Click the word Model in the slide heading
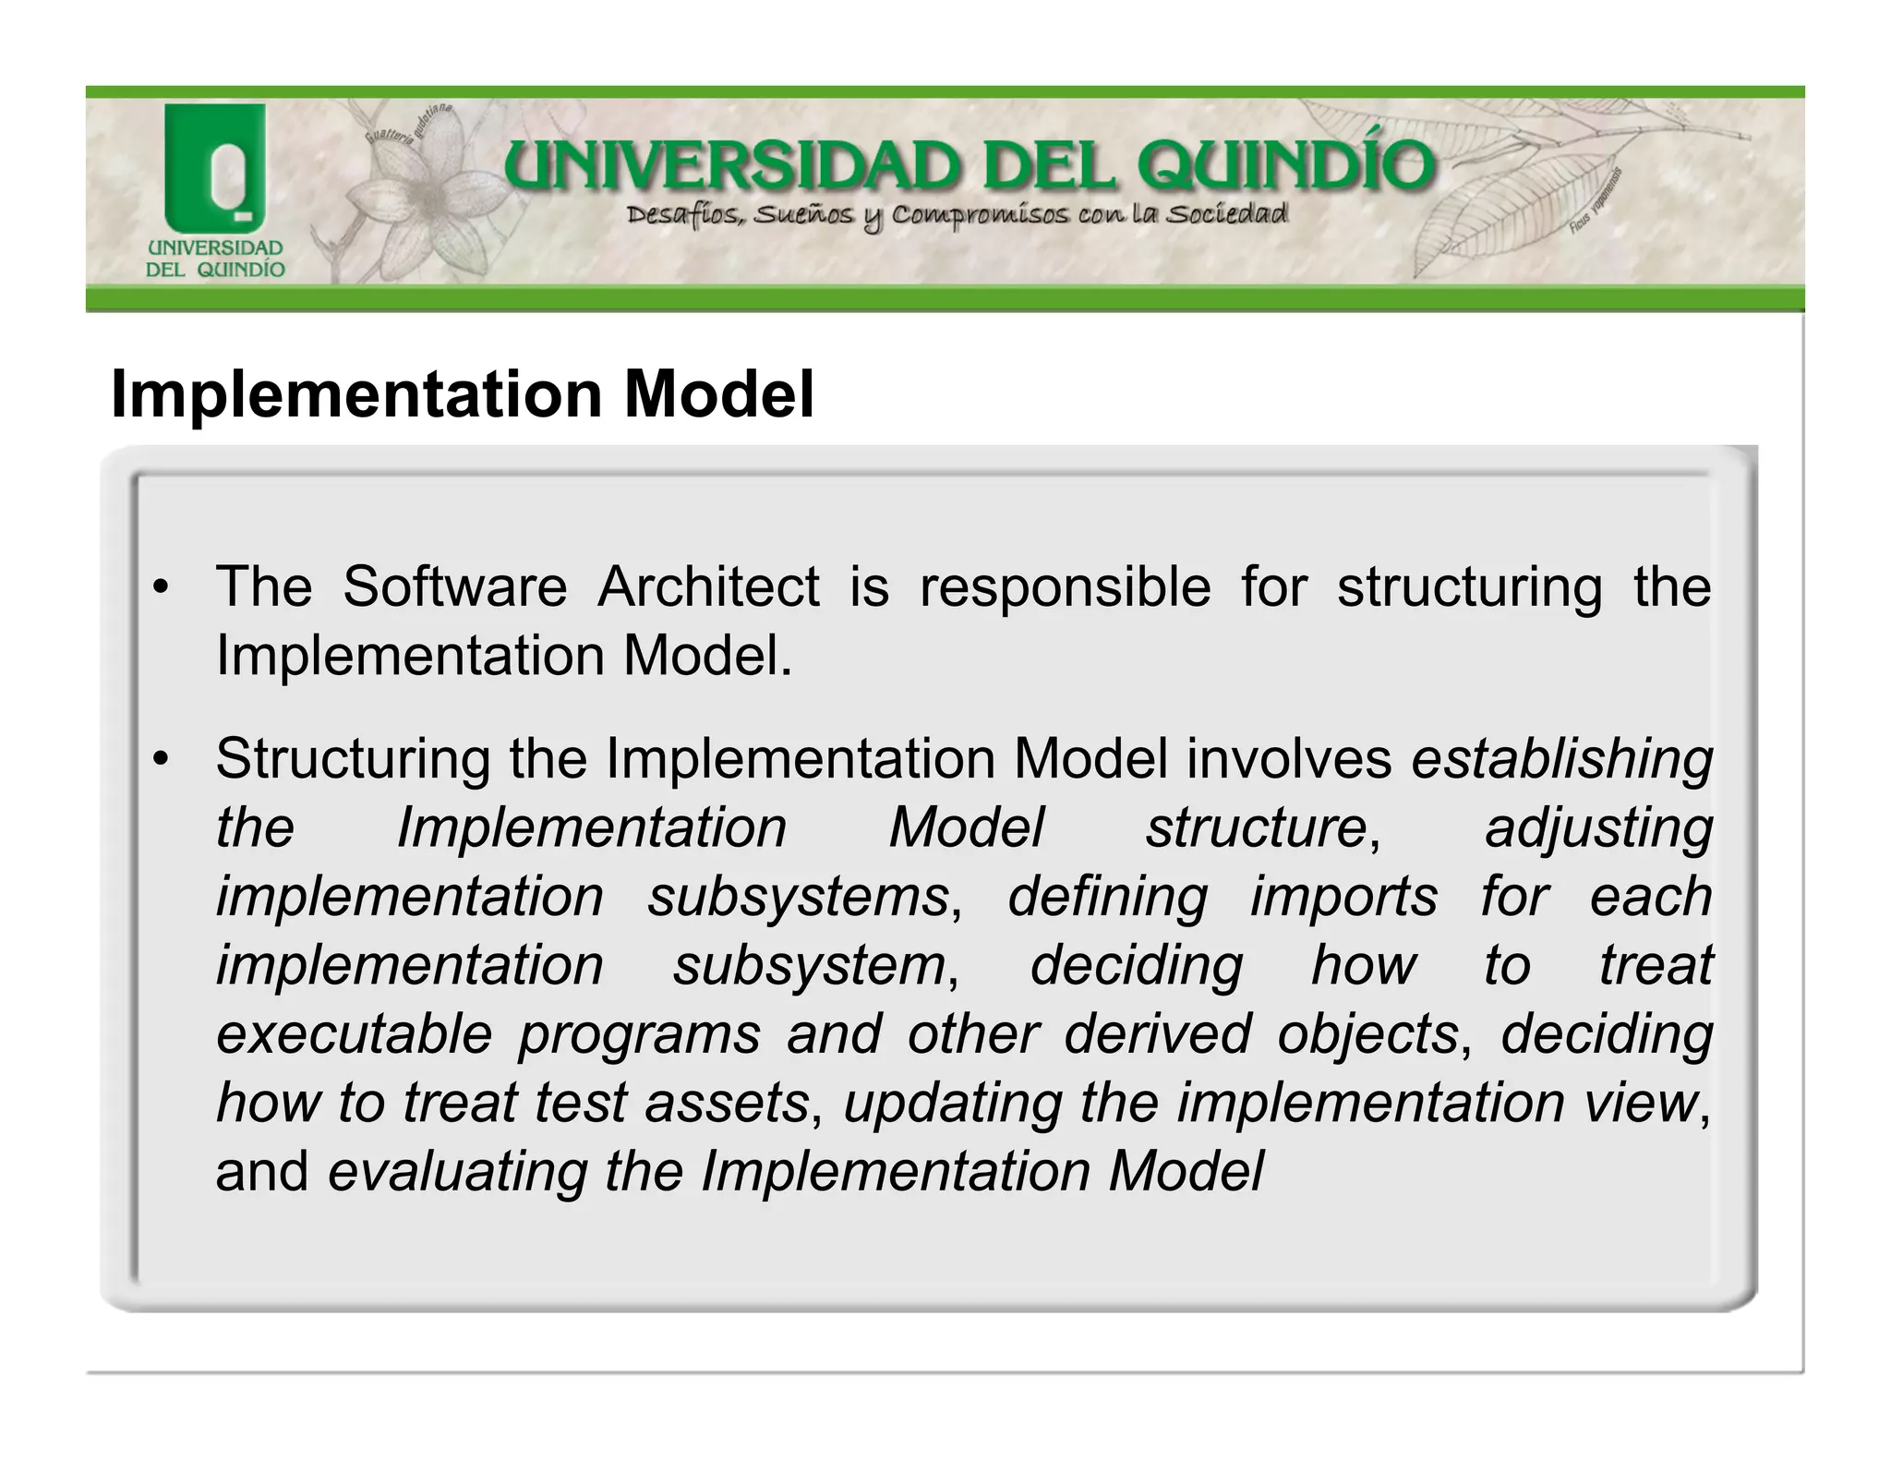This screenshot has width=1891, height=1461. pyautogui.click(x=719, y=394)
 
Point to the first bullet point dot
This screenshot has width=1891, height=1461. pyautogui.click(x=162, y=589)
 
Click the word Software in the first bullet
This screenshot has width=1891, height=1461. pyautogui.click(x=454, y=586)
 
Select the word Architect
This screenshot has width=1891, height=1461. pyautogui.click(x=708, y=586)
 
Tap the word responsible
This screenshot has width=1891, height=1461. pyautogui.click(x=1065, y=586)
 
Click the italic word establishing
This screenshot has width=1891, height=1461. pyautogui.click(x=1561, y=759)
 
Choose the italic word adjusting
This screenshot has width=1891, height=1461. pyautogui.click(x=1598, y=827)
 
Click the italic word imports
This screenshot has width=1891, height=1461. pyautogui.click(x=1343, y=897)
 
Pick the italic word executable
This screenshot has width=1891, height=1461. pyautogui.click(x=354, y=1033)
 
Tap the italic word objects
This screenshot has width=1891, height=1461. pyautogui.click(x=1367, y=1033)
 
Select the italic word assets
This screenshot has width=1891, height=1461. pyautogui.click(x=727, y=1103)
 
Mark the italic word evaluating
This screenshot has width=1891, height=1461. pyautogui.click(x=457, y=1172)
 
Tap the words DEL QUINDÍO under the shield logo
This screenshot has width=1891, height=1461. pyautogui.click(x=215, y=270)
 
